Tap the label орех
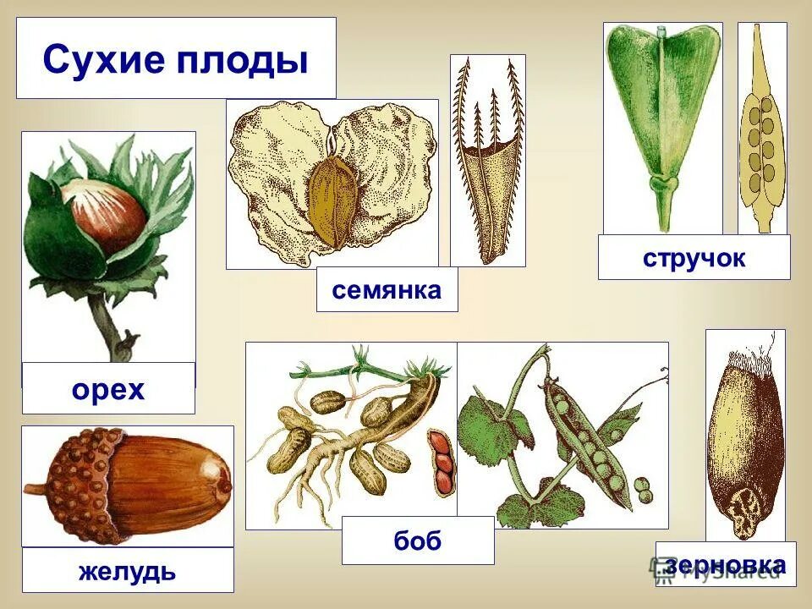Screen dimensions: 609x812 (108, 390)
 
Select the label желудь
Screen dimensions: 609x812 (127, 571)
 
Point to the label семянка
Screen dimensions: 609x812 (387, 290)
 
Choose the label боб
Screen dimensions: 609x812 (418, 540)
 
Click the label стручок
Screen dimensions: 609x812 (694, 258)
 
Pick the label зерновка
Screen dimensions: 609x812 (726, 564)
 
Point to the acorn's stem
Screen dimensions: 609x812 (36, 488)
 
